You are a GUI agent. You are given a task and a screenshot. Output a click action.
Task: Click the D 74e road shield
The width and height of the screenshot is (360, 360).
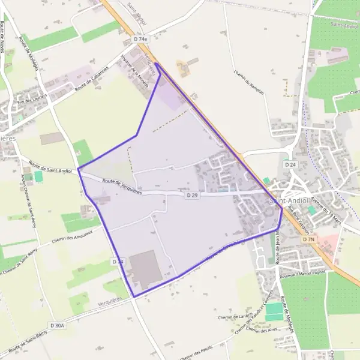[x=140, y=39]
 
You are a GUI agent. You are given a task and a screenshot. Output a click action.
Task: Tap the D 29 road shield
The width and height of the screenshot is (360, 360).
[x=192, y=195]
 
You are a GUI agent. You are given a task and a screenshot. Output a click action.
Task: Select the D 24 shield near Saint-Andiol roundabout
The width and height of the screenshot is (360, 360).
[x=290, y=164]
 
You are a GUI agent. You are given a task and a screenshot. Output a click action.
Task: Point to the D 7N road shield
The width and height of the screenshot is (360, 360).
[x=309, y=239]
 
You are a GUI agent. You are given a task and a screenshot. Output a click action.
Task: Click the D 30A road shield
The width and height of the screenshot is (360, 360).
[x=57, y=325]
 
